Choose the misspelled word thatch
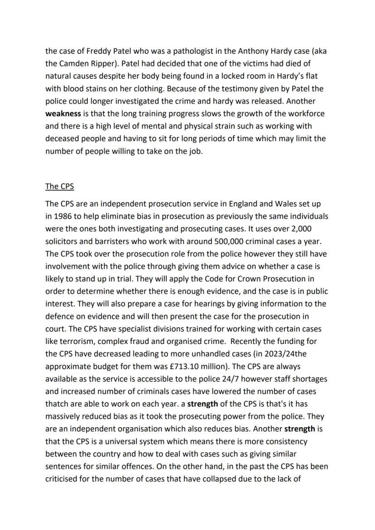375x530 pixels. click(x=57, y=403)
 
